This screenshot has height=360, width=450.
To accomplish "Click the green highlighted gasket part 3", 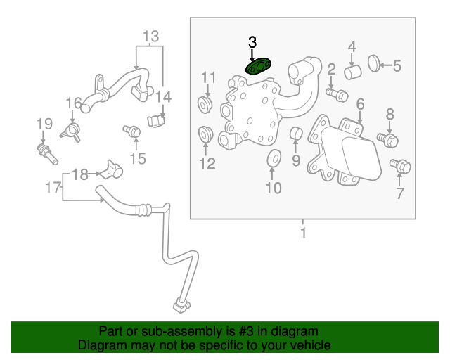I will click(x=259, y=66).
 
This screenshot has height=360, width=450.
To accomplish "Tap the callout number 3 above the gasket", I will click(x=252, y=43).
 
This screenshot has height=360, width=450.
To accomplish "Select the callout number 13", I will click(x=151, y=36).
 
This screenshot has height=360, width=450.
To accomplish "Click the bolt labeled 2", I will click(x=337, y=93).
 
